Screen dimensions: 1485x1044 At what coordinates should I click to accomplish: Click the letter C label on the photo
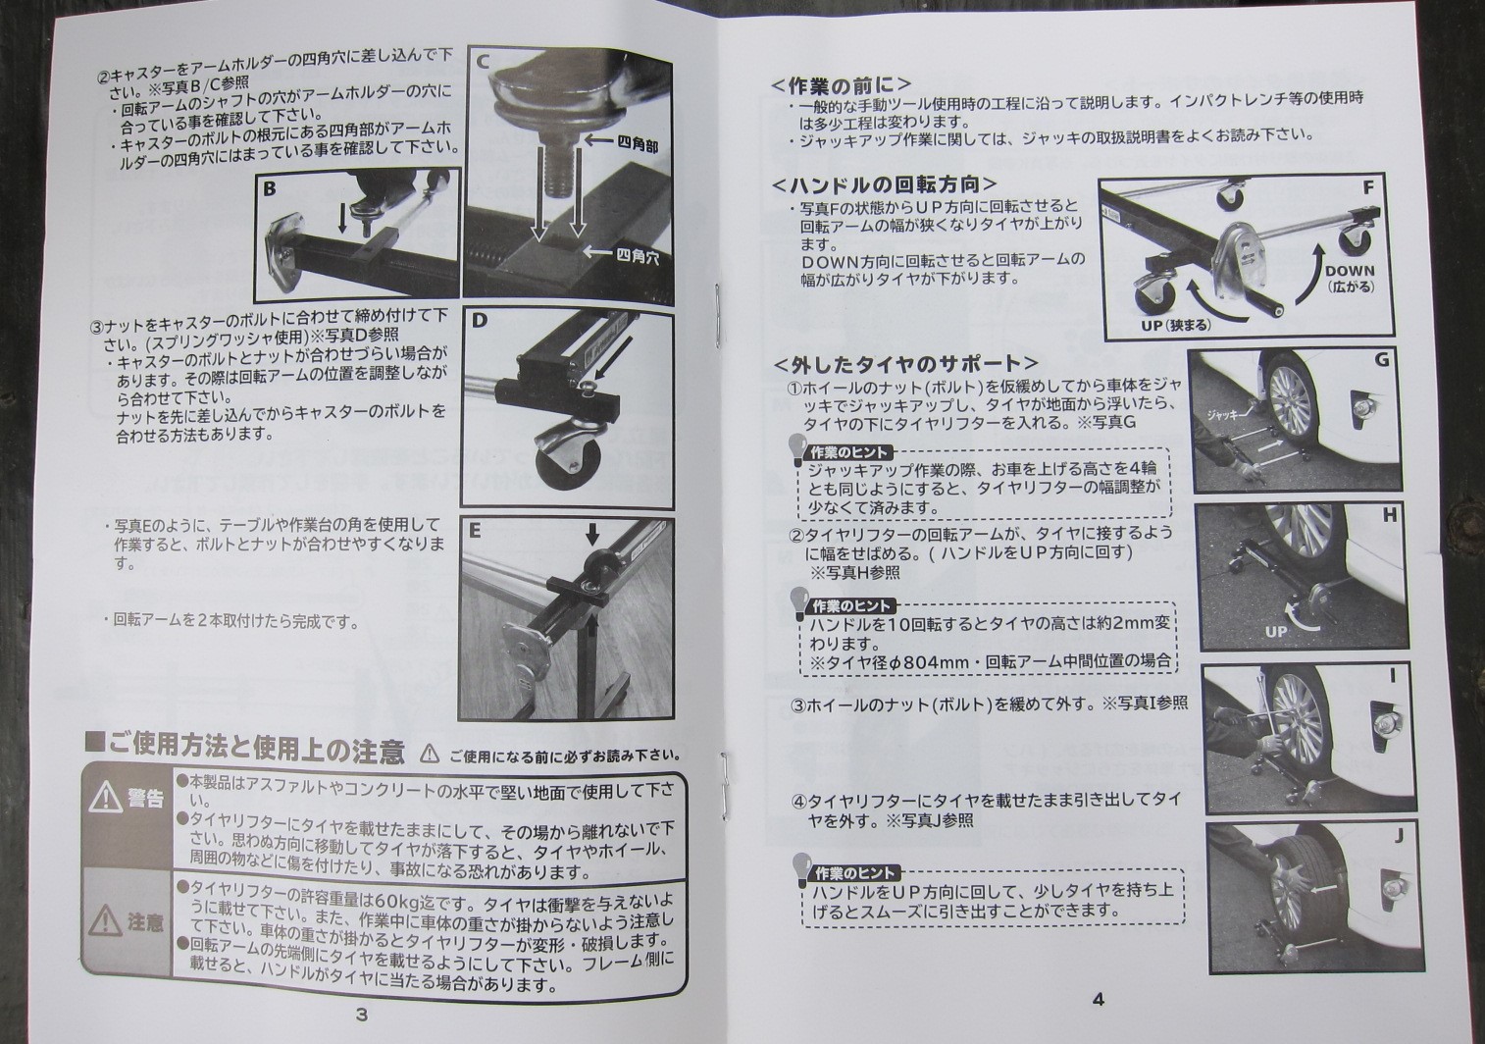coord(483,62)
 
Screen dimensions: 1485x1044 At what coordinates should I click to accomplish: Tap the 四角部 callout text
coord(637,145)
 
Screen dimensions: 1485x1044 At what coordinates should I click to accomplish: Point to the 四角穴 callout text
coord(638,256)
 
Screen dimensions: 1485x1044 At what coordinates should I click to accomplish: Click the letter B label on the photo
coord(269,189)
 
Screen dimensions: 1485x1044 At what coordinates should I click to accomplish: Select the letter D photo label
coord(479,322)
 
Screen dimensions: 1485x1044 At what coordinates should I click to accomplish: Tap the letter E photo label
coord(474,531)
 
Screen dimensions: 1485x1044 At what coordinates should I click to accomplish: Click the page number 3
coord(361,1014)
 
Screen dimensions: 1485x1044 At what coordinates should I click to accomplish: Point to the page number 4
coord(1098,1000)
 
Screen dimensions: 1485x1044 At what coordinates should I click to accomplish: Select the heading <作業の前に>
coord(842,85)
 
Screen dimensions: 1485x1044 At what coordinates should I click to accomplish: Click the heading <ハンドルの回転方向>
coord(885,184)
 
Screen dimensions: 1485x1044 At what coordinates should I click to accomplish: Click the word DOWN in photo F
coord(1349,271)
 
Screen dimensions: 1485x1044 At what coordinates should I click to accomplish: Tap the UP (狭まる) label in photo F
coord(1175,326)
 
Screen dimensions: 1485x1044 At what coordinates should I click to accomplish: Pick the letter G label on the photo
coord(1381,360)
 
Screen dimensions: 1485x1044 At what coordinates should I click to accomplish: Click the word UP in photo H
coord(1275,631)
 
